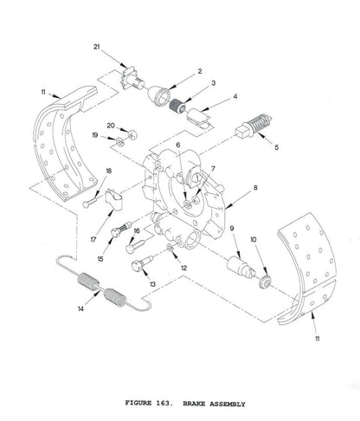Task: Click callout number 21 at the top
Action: click(122, 46)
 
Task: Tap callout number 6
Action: click(178, 146)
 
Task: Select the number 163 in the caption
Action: click(171, 404)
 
